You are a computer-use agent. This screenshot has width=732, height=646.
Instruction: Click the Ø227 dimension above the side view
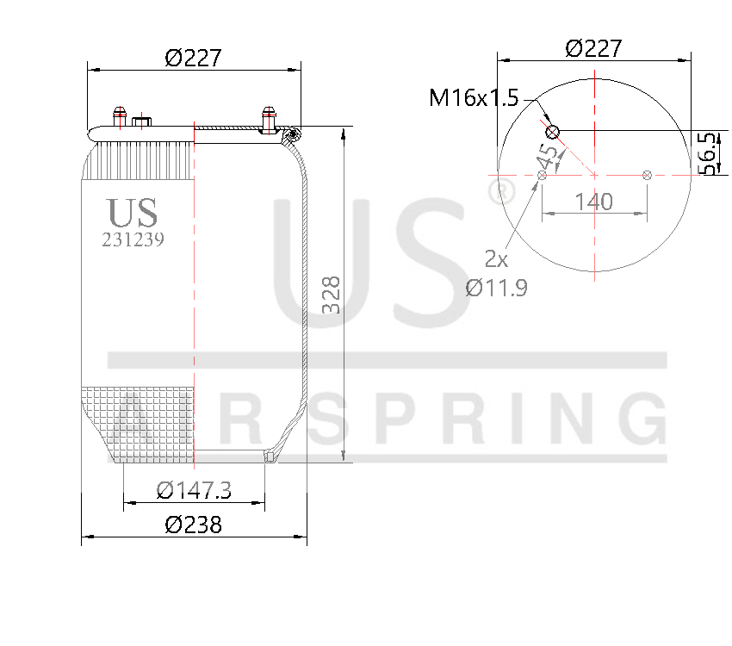(194, 58)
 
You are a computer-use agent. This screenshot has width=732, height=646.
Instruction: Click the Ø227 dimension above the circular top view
(593, 48)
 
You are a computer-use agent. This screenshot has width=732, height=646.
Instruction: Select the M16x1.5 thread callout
(474, 98)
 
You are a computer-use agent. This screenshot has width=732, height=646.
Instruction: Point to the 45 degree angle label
(547, 157)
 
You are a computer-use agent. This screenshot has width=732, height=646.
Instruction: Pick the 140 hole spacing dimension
(593, 202)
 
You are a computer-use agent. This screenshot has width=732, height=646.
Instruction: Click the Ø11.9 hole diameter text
(496, 288)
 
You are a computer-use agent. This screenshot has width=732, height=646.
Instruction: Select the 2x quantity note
(495, 258)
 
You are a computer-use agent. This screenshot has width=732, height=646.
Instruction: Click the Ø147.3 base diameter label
(194, 490)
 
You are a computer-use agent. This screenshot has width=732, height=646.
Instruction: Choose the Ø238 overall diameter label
(194, 524)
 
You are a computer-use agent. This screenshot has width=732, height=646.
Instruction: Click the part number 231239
(133, 240)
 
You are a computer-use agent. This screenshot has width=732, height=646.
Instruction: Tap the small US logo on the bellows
(133, 212)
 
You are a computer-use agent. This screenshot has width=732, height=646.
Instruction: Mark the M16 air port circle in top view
(552, 131)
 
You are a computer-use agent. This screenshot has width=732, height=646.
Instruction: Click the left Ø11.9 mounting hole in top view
(542, 176)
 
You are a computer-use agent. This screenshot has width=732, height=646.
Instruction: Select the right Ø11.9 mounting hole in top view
(647, 176)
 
